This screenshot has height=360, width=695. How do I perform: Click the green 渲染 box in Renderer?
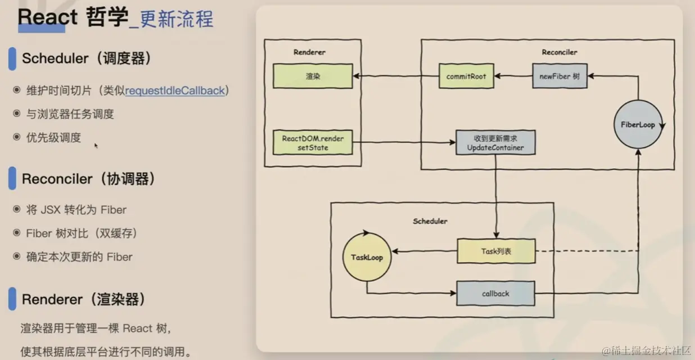coord(313,76)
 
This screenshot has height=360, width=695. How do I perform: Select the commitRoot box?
coord(466,76)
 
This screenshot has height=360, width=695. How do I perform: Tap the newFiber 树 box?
coord(559,76)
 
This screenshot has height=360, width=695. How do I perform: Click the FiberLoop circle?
coord(638,124)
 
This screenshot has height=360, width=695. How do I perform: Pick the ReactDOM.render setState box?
coord(313,143)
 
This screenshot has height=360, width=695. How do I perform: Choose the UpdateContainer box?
coord(495,143)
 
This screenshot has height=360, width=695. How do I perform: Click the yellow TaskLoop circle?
coord(367,257)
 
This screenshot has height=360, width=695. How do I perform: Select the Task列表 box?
coord(495,251)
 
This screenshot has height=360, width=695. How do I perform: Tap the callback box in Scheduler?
coord(495,294)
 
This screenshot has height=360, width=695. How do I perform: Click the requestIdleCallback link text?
coord(175,91)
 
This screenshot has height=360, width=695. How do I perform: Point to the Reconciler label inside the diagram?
coord(559,52)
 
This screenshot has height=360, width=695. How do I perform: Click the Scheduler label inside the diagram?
coord(430,221)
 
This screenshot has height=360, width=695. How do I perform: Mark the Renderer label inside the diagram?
coord(309,52)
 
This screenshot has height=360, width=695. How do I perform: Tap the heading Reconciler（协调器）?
coord(88,179)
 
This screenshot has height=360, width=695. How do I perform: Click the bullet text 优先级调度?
coord(54,137)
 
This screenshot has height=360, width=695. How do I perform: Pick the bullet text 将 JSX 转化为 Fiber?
coord(76,210)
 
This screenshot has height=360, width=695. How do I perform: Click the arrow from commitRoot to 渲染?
coord(396,76)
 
